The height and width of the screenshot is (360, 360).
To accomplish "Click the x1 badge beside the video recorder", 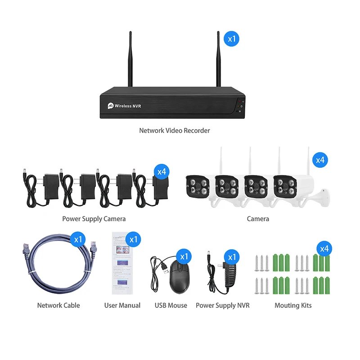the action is point(232,39).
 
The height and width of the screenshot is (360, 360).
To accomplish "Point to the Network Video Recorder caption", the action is point(175,130).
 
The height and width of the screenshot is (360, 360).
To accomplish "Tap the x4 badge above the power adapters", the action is point(161,171).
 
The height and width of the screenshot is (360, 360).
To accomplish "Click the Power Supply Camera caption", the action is point(94,219).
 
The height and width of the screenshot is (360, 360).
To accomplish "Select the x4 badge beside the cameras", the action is point(320,160).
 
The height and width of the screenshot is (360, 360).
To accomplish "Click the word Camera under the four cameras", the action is point(258,219).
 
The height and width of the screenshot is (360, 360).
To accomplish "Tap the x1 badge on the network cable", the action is point(78,239).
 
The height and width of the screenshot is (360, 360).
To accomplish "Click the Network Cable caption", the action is point(58,305).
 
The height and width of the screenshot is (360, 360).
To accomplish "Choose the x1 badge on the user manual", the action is point(133,239).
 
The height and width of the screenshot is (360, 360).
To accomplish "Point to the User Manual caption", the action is point(122,305).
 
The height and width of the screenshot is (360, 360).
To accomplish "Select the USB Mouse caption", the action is point(171,305).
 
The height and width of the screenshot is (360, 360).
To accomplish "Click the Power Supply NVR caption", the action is point(222,305).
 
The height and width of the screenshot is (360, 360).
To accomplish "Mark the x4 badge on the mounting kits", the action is point(324,248).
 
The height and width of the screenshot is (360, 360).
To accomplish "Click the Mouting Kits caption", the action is point(293,305).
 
